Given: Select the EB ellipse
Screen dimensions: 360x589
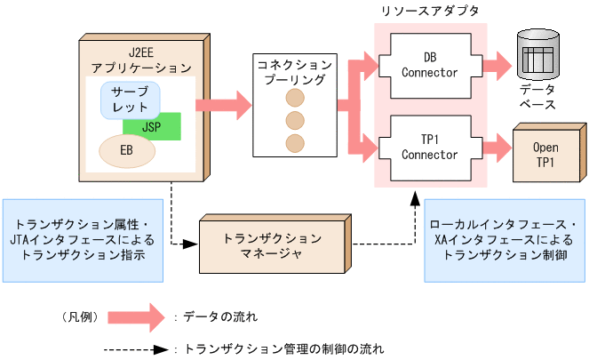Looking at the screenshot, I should click(x=126, y=151).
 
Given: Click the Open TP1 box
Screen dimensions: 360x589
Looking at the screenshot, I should click(x=545, y=155).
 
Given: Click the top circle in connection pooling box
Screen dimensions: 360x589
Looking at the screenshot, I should click(x=295, y=97).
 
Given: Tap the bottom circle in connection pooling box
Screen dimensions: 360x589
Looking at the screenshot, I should click(x=295, y=142).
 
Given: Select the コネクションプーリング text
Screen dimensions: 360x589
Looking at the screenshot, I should click(x=295, y=72).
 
